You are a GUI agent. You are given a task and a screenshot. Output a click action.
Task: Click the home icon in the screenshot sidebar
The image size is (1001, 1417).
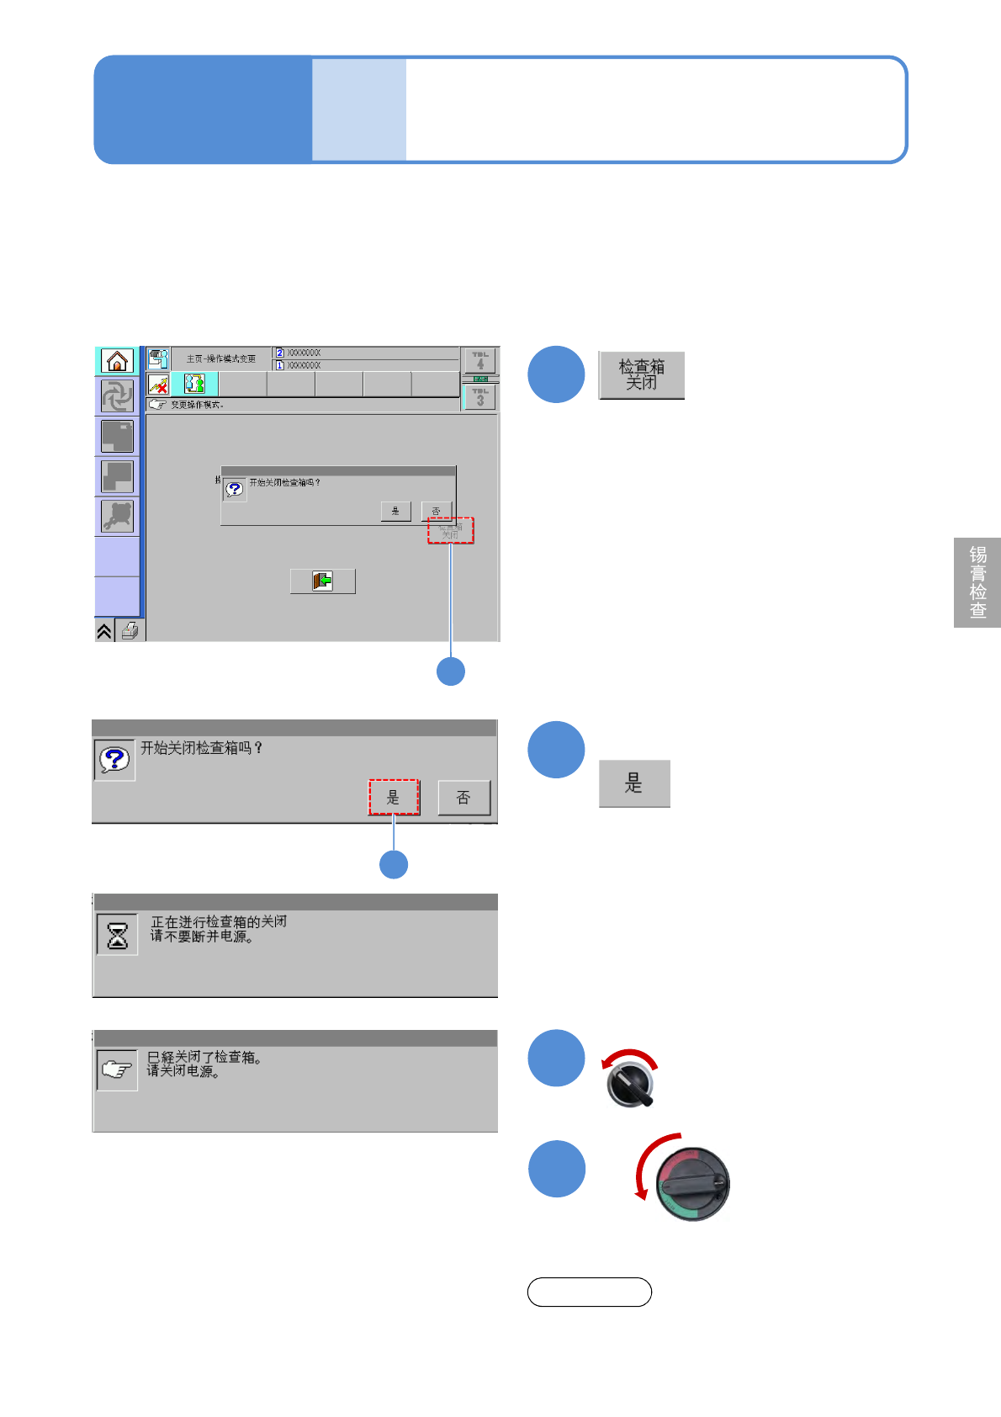pyautogui.click(x=118, y=361)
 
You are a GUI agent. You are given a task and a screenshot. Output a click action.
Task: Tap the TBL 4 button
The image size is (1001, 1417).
pyautogui.click(x=480, y=360)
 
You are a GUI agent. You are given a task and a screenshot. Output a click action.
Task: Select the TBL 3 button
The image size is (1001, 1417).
pyautogui.click(x=480, y=396)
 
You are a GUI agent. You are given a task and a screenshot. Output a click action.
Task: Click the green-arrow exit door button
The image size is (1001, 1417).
pyautogui.click(x=322, y=581)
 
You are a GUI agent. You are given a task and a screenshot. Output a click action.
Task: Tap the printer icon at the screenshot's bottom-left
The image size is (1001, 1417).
pyautogui.click(x=130, y=630)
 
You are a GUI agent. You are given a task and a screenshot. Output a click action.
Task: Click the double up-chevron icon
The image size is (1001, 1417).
pyautogui.click(x=104, y=630)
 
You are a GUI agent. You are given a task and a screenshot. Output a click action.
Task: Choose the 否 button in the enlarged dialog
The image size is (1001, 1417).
pyautogui.click(x=463, y=798)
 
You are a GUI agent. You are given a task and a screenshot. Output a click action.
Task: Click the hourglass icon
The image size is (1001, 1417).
pyautogui.click(x=117, y=935)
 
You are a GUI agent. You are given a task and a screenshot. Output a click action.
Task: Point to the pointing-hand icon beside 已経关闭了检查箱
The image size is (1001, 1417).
pyautogui.click(x=117, y=1070)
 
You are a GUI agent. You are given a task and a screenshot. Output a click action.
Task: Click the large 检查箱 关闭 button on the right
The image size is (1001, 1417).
pyautogui.click(x=641, y=375)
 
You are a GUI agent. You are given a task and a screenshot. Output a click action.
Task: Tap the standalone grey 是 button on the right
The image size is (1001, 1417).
pyautogui.click(x=634, y=783)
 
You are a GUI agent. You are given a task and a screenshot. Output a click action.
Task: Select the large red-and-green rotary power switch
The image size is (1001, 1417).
pyautogui.click(x=692, y=1184)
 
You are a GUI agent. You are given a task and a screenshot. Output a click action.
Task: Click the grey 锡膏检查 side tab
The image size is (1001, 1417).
pyautogui.click(x=977, y=582)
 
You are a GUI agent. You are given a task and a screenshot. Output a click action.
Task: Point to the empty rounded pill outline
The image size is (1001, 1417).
pyautogui.click(x=589, y=1292)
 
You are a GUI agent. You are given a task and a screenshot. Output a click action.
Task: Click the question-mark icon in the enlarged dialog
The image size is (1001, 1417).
pyautogui.click(x=114, y=760)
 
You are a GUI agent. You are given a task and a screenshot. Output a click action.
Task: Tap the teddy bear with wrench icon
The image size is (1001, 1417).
pyautogui.click(x=118, y=516)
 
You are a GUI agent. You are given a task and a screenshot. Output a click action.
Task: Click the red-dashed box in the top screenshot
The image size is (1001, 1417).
pyautogui.click(x=451, y=530)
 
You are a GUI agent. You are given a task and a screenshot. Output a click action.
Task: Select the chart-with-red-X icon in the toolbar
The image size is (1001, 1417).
pyautogui.click(x=158, y=385)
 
